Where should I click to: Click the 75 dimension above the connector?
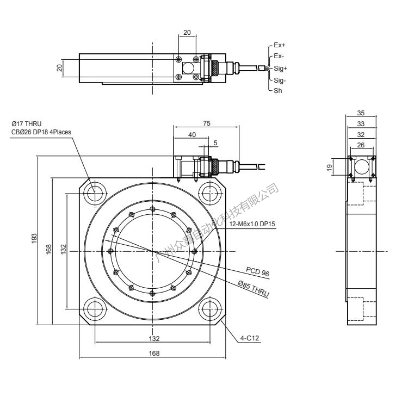pos(206,123)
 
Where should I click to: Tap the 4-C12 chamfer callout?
pos(250,338)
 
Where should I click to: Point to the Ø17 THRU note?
pos(26,123)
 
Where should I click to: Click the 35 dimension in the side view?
pos(361,113)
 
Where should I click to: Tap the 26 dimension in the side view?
pos(361,145)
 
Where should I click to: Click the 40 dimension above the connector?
pos(192,134)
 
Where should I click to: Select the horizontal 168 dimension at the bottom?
pos(154,353)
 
